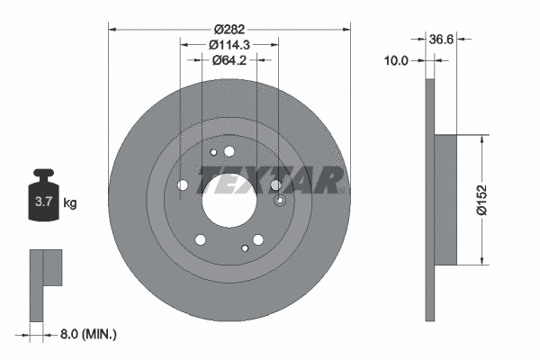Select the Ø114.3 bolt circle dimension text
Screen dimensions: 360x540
(229, 44)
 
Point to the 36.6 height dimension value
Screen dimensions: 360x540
(440, 40)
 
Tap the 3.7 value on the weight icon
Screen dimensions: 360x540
(41, 203)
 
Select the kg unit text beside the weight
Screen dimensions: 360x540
(70, 203)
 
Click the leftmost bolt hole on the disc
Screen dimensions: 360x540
(184, 184)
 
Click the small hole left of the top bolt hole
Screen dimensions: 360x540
(213, 152)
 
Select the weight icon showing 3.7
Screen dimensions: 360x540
(41, 195)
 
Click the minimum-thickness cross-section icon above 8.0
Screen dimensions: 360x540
(43, 283)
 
